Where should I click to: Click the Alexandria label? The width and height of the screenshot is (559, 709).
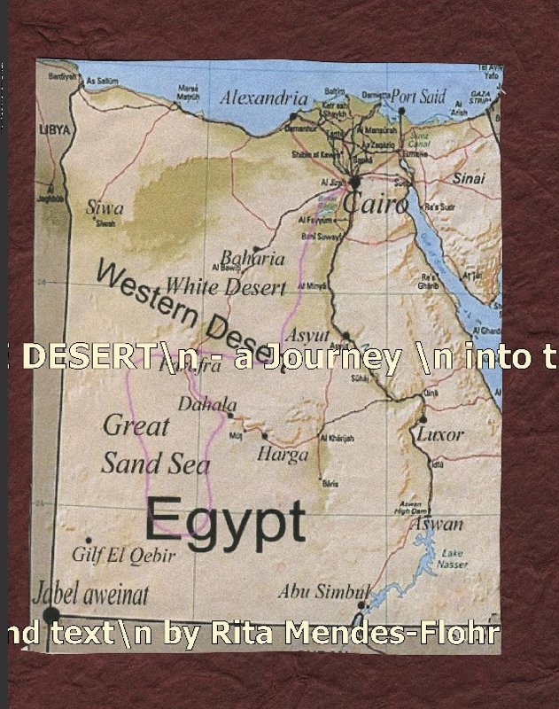(263, 97)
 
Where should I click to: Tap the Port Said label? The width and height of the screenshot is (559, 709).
(418, 97)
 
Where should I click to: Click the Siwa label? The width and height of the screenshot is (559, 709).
(105, 208)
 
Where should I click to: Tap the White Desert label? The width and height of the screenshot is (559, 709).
(226, 287)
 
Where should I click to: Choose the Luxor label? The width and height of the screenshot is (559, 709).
(439, 434)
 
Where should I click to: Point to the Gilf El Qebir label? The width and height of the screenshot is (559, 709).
(124, 556)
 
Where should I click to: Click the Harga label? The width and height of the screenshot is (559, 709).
(283, 455)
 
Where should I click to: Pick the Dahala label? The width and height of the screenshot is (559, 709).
(207, 404)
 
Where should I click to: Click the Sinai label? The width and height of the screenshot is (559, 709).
(469, 179)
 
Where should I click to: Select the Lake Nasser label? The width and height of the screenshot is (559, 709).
(452, 557)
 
